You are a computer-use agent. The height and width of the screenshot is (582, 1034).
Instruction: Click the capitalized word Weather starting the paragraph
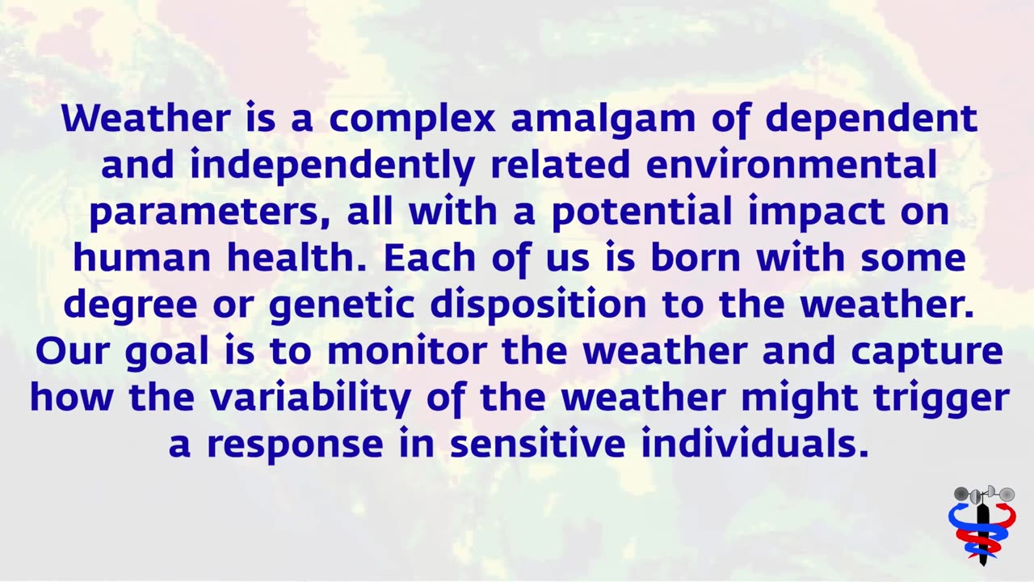tap(145, 119)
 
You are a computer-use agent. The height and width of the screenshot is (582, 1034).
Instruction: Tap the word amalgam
tap(603, 119)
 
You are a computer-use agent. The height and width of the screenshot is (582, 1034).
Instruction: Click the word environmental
tap(792, 166)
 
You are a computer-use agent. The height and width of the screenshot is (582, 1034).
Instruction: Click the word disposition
tap(538, 306)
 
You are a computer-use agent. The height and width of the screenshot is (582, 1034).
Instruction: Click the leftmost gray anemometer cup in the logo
tap(960, 494)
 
